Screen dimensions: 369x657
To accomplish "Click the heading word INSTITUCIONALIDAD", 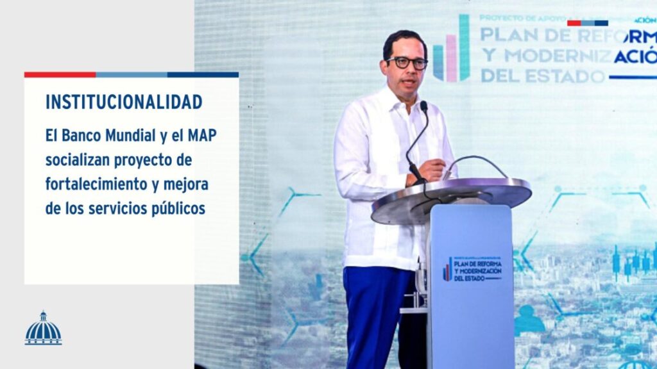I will click(x=124, y=102).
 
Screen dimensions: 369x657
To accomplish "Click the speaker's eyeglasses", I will click(x=407, y=63).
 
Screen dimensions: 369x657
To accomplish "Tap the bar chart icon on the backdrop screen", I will click(x=452, y=51).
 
